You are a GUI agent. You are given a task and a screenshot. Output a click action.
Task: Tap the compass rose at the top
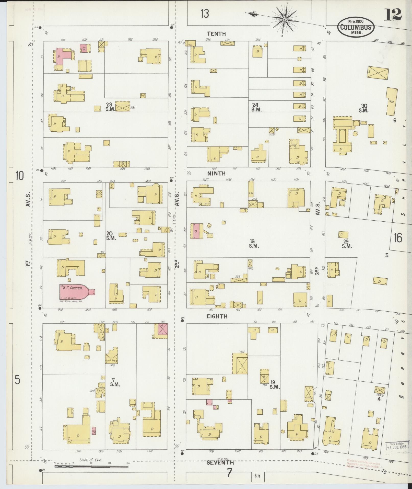click(x=285, y=19)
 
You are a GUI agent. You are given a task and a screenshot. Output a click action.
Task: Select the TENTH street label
click(x=216, y=33)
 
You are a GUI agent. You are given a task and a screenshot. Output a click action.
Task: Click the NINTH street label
click(x=216, y=173)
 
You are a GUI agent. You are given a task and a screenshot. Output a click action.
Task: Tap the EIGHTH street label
click(x=217, y=316)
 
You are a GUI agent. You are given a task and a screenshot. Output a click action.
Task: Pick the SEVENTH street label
click(x=220, y=462)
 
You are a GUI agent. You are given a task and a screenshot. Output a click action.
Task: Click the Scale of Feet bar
click(x=91, y=467)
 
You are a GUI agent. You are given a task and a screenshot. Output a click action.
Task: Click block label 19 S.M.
click(x=254, y=244)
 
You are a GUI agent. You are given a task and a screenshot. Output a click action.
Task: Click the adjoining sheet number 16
click(x=398, y=238)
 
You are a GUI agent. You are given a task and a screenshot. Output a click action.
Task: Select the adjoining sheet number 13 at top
click(x=205, y=14)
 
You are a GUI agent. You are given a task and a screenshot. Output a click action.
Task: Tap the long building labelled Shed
click(x=392, y=101)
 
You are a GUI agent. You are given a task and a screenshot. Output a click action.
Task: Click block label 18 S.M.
click(x=275, y=384)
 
